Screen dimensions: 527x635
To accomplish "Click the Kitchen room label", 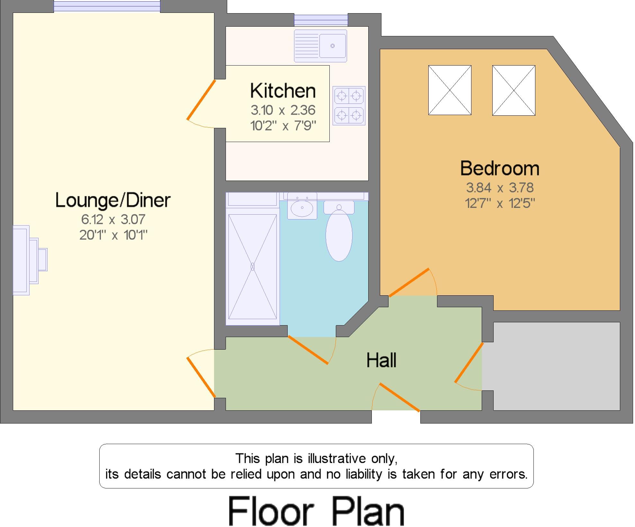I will click(283, 91).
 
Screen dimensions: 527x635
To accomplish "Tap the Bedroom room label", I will click(500, 168).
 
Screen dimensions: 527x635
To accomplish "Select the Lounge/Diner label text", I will click(113, 200).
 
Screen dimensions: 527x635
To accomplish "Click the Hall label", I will click(381, 360).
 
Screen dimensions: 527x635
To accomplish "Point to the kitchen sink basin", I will click(333, 46).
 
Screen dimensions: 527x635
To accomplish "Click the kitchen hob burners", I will click(349, 105).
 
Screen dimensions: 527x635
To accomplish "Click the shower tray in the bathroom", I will click(253, 266).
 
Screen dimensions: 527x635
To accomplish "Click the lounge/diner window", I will click(107, 6).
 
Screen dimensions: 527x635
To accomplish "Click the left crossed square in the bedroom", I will click(450, 90).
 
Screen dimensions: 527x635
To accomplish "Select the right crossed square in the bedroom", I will click(514, 90).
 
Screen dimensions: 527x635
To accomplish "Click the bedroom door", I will click(409, 282).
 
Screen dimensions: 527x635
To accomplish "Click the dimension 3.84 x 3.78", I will click(500, 187).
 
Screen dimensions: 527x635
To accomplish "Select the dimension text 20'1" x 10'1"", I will click(113, 235).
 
